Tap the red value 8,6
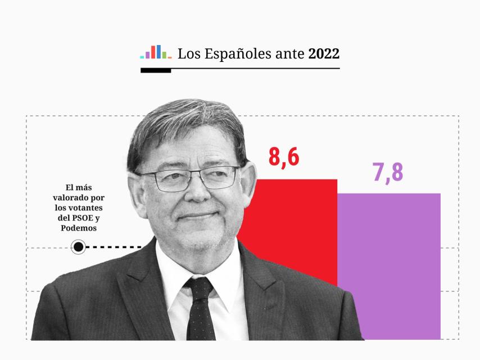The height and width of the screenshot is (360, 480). point(284,157)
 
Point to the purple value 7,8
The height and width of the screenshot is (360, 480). point(388,172)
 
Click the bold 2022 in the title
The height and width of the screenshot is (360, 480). point(324,54)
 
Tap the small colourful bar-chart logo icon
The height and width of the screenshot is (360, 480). point(156,52)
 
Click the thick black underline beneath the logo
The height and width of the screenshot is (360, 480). point(156,71)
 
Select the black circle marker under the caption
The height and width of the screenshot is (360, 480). point(79,246)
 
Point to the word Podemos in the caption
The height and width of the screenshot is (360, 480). point(78,228)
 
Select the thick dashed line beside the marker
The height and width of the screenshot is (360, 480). point(115,246)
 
